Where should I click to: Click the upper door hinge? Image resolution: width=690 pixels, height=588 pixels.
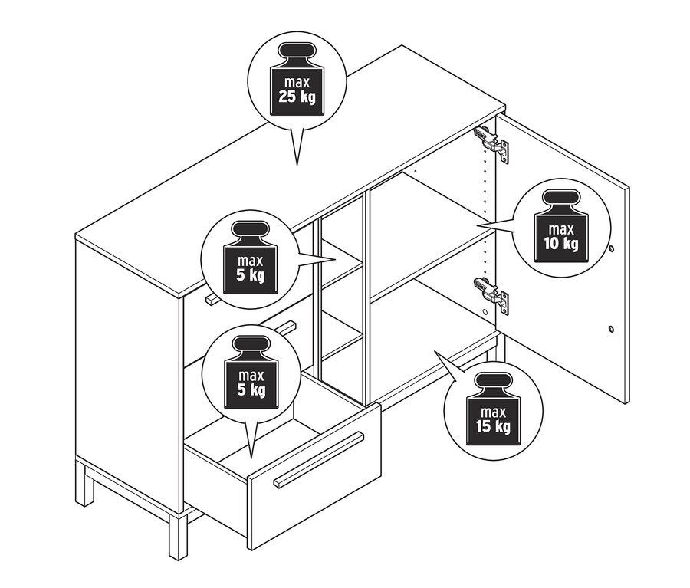click(x=490, y=142)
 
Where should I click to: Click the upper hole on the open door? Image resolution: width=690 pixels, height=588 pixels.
click(x=611, y=249)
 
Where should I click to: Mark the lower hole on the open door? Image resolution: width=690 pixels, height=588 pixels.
click(x=610, y=329)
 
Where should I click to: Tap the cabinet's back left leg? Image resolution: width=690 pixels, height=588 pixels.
click(x=84, y=482)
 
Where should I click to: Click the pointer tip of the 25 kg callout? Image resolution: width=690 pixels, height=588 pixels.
click(x=297, y=164)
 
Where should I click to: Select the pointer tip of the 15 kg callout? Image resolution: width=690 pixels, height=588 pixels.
click(x=435, y=351)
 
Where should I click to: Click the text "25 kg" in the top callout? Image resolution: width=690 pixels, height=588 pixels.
click(x=297, y=97)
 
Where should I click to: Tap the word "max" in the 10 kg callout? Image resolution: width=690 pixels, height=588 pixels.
click(x=561, y=228)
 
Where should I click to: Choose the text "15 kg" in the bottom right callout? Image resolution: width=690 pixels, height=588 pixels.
click(x=493, y=426)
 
